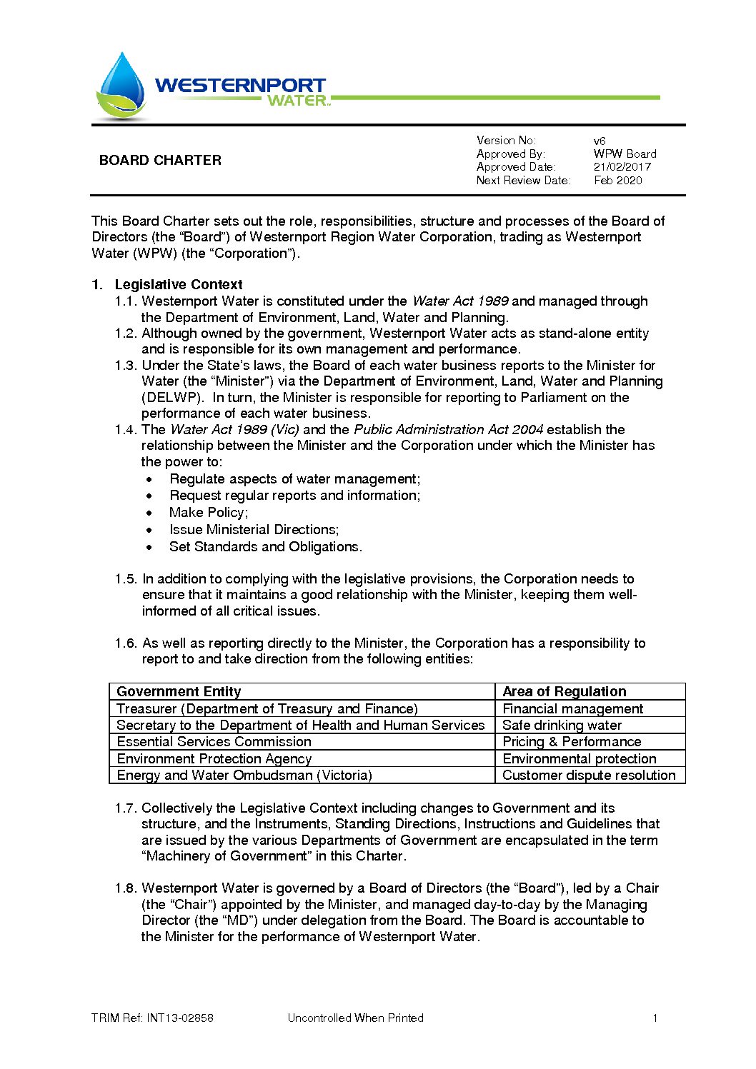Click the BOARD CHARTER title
click(x=160, y=161)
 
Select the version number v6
click(x=600, y=141)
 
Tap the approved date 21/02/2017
click(x=622, y=167)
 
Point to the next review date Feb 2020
click(x=617, y=181)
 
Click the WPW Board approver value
click(x=625, y=154)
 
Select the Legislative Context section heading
click(x=178, y=285)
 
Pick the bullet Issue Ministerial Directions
click(x=254, y=530)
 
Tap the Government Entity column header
click(x=179, y=691)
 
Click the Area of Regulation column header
click(x=564, y=691)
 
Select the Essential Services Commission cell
click(x=214, y=742)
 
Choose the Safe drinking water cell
click(x=562, y=725)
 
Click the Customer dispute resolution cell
click(x=589, y=776)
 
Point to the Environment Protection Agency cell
click(x=214, y=759)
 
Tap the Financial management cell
click(x=572, y=709)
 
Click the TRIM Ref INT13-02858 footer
click(x=152, y=1018)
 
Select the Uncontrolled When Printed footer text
click(x=355, y=1018)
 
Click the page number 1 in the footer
click(x=655, y=1018)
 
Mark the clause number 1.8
click(x=125, y=888)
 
